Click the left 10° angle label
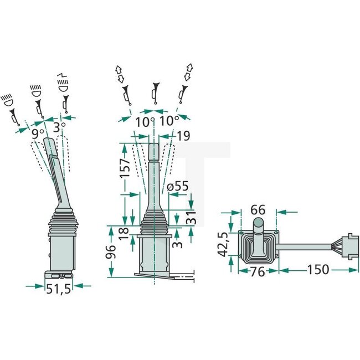click(x=142, y=121)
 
